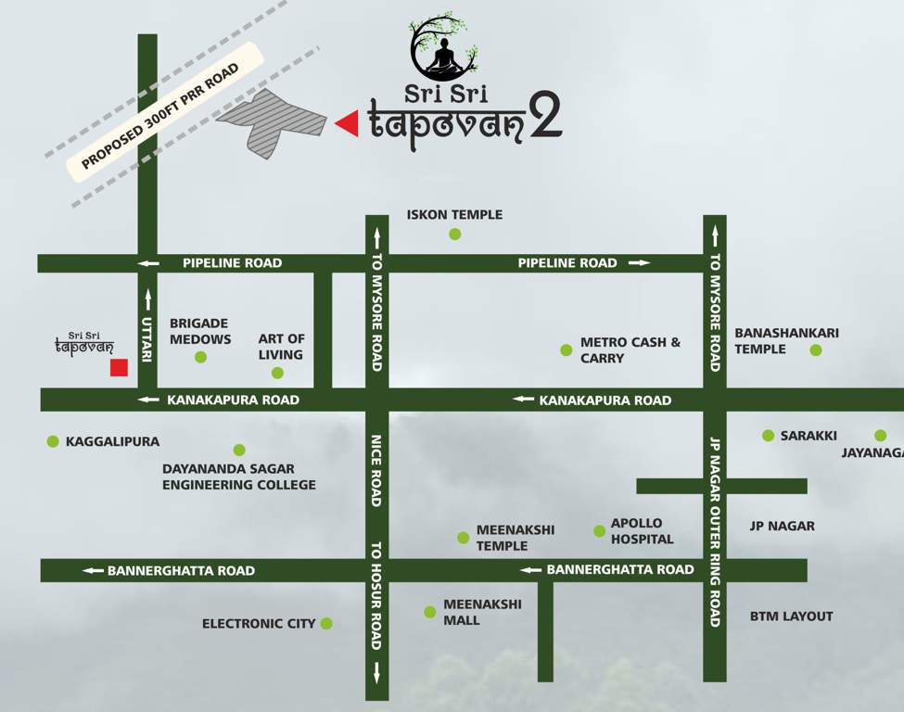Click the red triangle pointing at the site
[348, 123]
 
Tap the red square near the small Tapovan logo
[119, 368]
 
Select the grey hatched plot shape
[271, 121]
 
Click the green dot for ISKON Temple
[454, 235]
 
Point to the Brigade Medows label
[199, 331]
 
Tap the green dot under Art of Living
[277, 373]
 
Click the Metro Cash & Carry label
[630, 350]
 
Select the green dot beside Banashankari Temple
[816, 350]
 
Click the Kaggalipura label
[112, 442]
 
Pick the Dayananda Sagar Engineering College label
[239, 477]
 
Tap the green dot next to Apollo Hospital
[599, 531]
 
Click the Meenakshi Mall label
[482, 612]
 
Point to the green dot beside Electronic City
[326, 624]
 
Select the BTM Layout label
[791, 616]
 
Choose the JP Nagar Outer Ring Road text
[714, 533]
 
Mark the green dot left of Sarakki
[768, 436]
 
